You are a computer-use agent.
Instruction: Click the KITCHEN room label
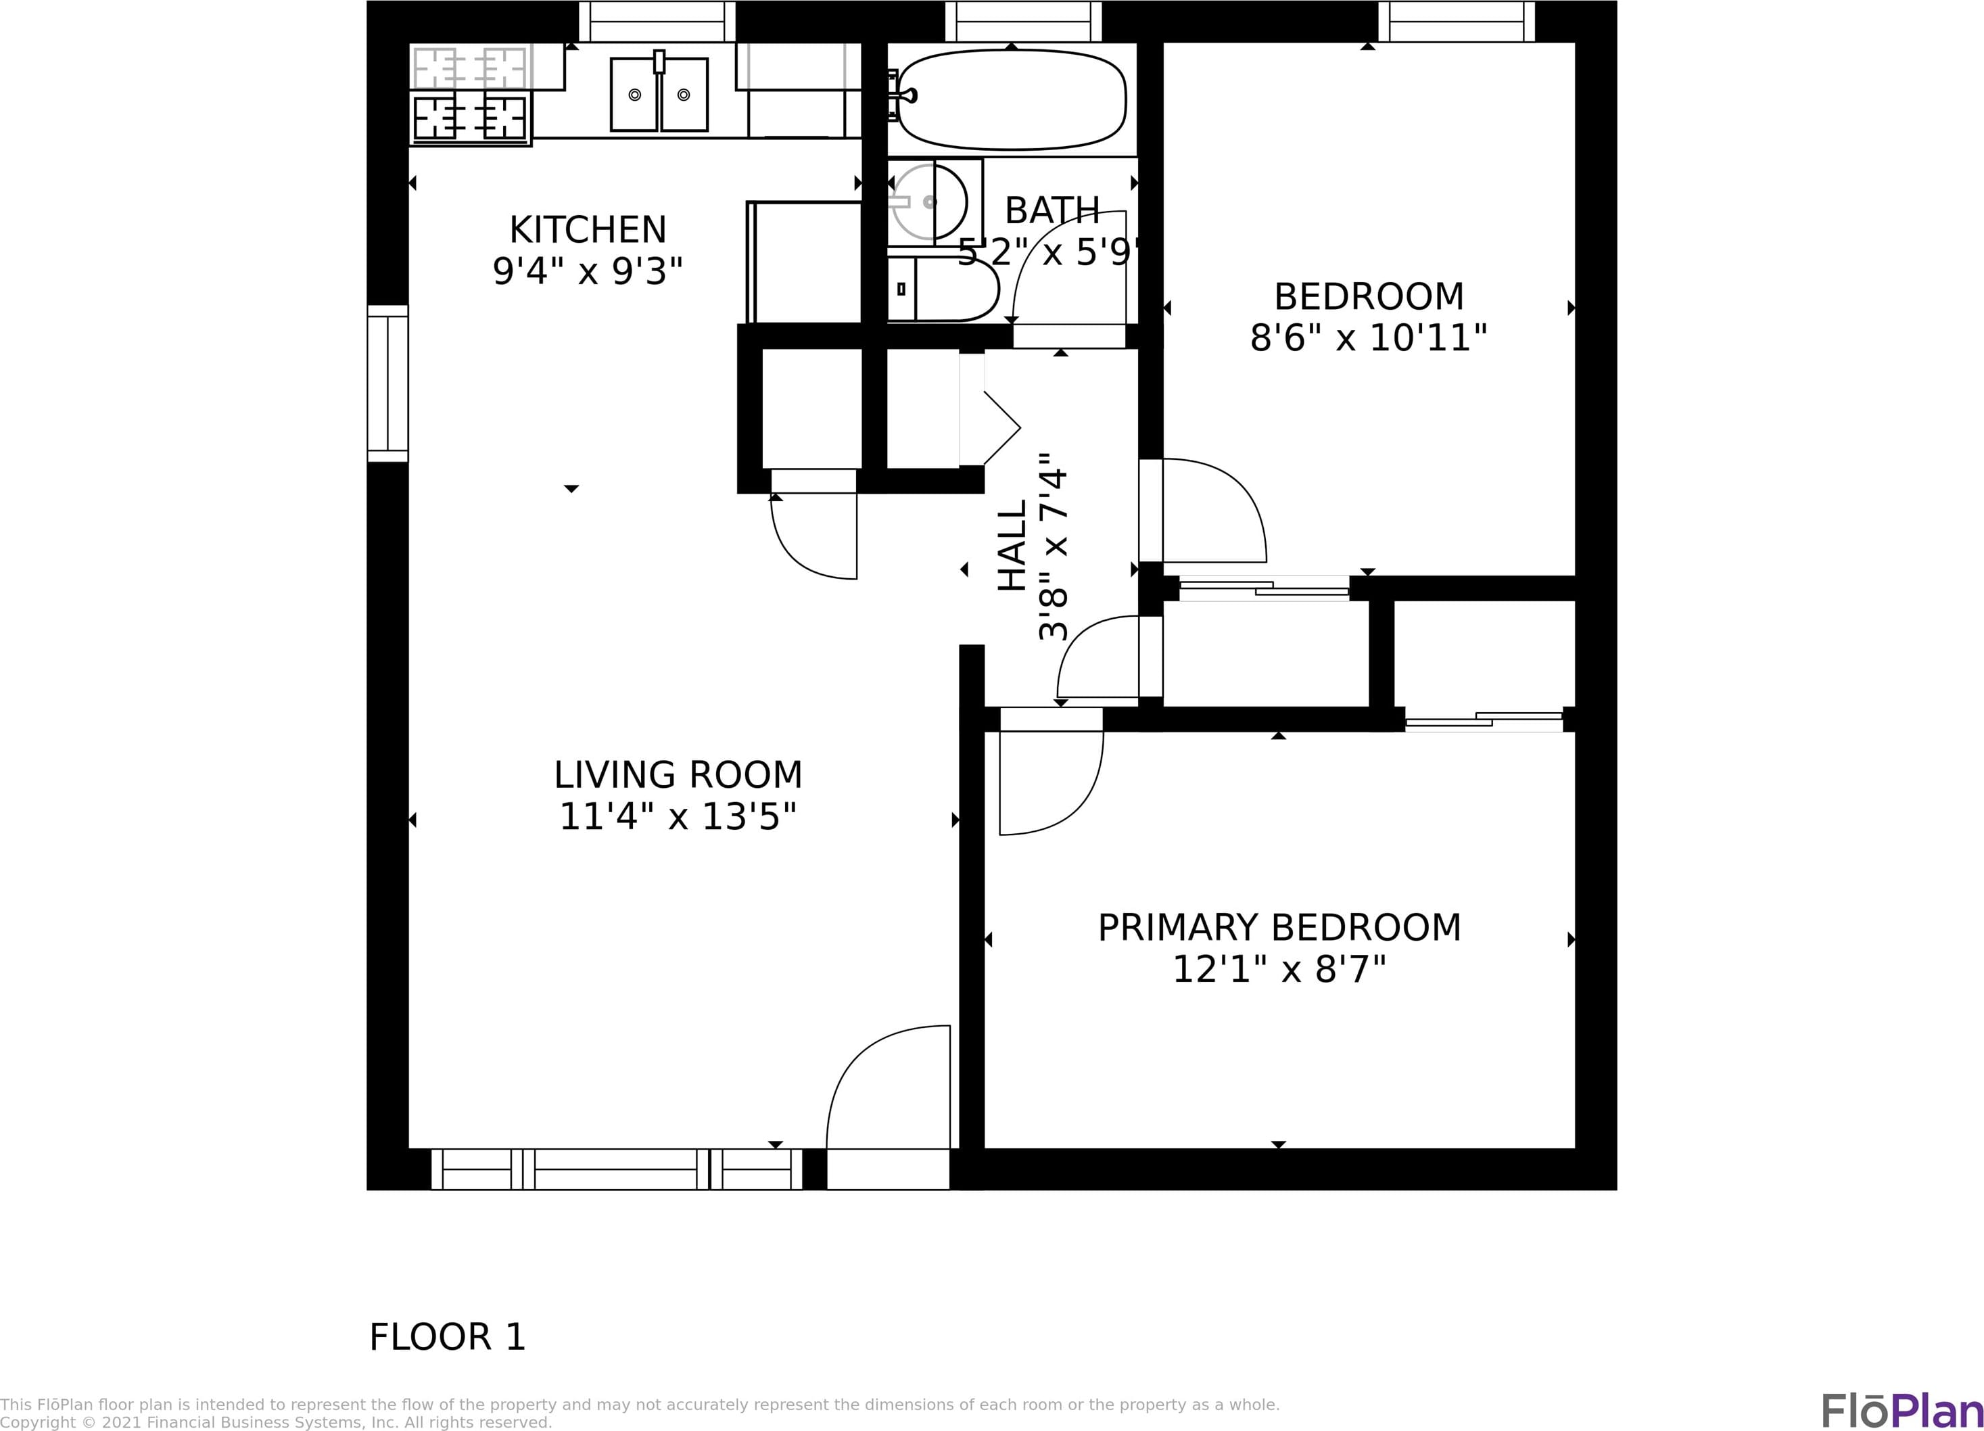pos(588,230)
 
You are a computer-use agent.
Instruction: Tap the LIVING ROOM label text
pos(678,775)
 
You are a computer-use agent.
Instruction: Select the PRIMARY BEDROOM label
pos(1279,928)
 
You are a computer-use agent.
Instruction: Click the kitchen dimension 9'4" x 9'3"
pos(587,272)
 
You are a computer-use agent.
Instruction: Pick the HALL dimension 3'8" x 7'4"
pos(1054,546)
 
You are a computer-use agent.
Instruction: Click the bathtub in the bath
pos(1012,99)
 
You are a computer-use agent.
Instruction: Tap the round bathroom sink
pos(929,202)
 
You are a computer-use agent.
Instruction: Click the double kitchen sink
pos(659,93)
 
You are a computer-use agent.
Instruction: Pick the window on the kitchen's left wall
pos(387,383)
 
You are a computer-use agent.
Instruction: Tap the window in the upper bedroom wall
pos(1457,21)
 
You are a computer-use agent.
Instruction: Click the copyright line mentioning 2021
pos(277,1423)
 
